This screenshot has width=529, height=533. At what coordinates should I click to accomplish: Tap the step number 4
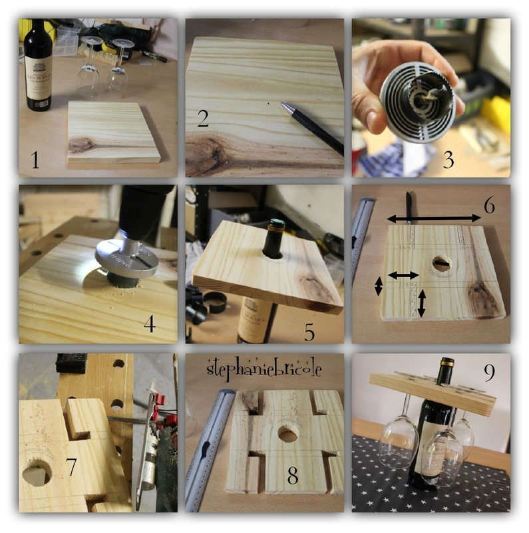pyautogui.click(x=150, y=324)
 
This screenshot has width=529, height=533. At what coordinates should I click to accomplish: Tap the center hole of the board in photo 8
pyautogui.click(x=287, y=434)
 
